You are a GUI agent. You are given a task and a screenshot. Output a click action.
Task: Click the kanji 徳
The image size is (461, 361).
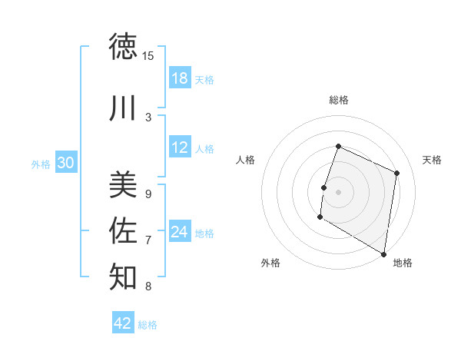124,47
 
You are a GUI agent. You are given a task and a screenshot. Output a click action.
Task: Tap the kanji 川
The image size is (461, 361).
124,108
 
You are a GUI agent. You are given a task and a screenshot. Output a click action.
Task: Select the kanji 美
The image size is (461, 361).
124,184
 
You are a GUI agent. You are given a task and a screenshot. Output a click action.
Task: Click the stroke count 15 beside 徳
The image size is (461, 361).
148,55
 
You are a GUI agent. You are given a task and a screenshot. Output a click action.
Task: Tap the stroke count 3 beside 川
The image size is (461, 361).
148,117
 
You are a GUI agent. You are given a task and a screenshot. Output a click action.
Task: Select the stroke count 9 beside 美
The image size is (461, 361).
148,194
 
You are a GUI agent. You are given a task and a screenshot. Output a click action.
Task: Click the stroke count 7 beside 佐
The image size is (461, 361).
148,240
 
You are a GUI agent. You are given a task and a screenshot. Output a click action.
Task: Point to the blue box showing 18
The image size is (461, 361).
180,78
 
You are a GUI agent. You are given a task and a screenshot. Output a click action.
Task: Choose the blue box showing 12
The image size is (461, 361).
180,148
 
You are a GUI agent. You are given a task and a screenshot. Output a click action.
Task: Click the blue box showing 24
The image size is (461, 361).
180,232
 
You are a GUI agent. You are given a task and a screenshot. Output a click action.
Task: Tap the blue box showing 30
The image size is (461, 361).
66,163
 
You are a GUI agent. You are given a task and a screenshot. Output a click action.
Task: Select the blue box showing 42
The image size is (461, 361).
123,323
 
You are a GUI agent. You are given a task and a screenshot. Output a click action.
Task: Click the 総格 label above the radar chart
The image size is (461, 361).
339,100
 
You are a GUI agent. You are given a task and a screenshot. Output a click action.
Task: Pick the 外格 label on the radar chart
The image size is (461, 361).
270,263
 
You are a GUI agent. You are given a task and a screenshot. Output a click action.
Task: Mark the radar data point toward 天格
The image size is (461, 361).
397,173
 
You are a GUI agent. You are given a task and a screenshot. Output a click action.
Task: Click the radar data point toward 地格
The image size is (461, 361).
383,253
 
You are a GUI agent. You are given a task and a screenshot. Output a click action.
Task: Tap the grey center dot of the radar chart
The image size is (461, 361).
338,192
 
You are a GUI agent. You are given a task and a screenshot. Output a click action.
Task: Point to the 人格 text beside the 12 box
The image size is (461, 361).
204,149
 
